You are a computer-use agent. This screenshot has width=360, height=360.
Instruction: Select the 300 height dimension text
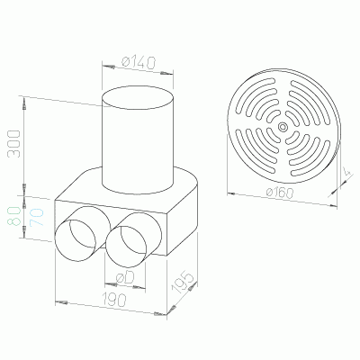pyautogui.click(x=13, y=143)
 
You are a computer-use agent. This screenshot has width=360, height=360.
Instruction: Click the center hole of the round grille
pyautogui.click(x=283, y=127)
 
